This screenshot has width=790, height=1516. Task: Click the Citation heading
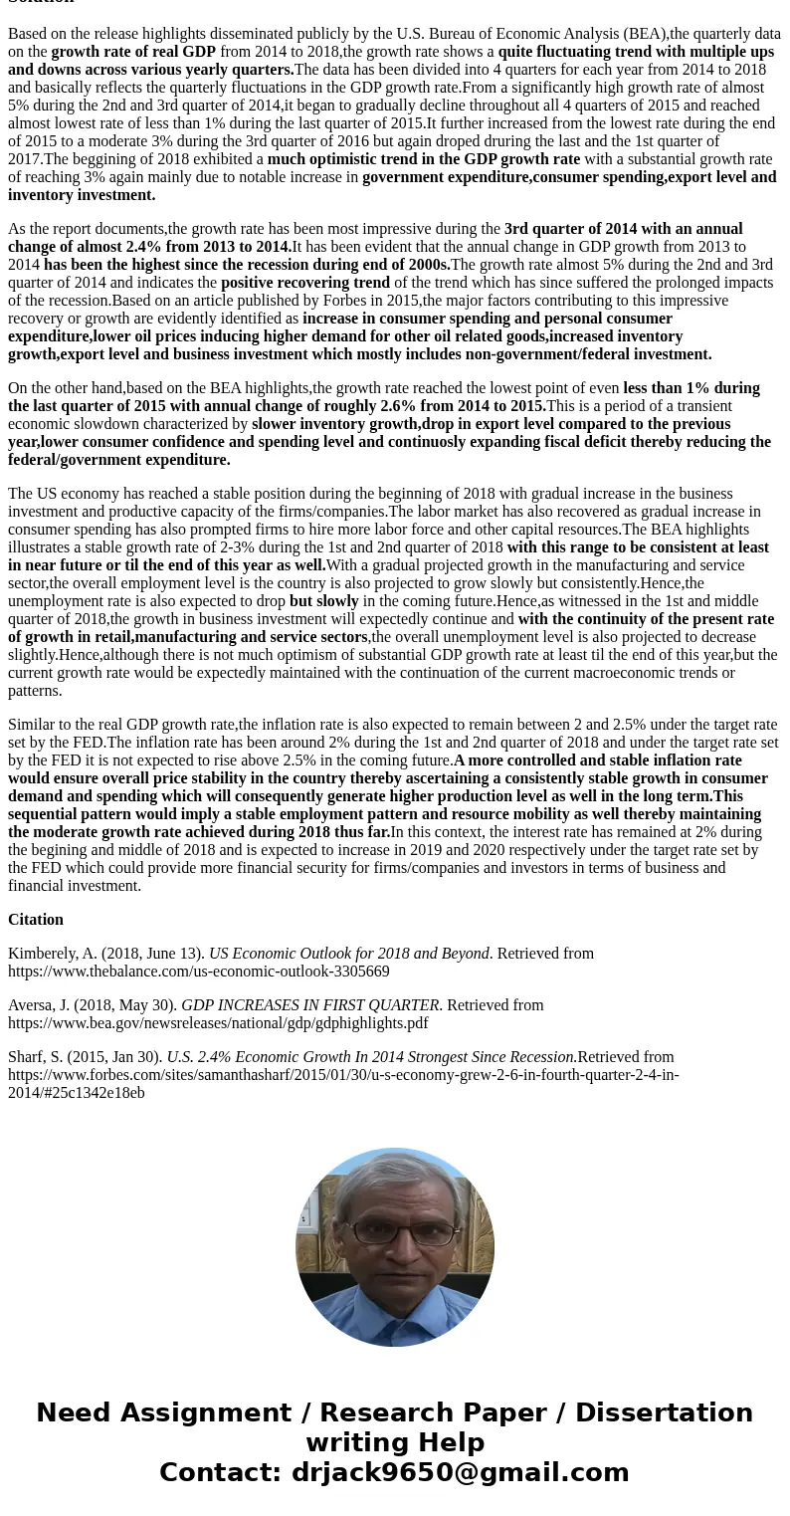pyautogui.click(x=36, y=920)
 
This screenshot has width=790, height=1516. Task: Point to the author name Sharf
pyautogui.click(x=28, y=1057)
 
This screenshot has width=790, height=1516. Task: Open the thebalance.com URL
pyautogui.click(x=199, y=972)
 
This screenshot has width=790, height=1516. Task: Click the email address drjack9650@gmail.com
pyautogui.click(x=460, y=1473)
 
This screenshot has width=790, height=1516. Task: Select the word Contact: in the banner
pyautogui.click(x=221, y=1473)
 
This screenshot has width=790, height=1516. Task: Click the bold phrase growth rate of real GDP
pyautogui.click(x=133, y=52)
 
